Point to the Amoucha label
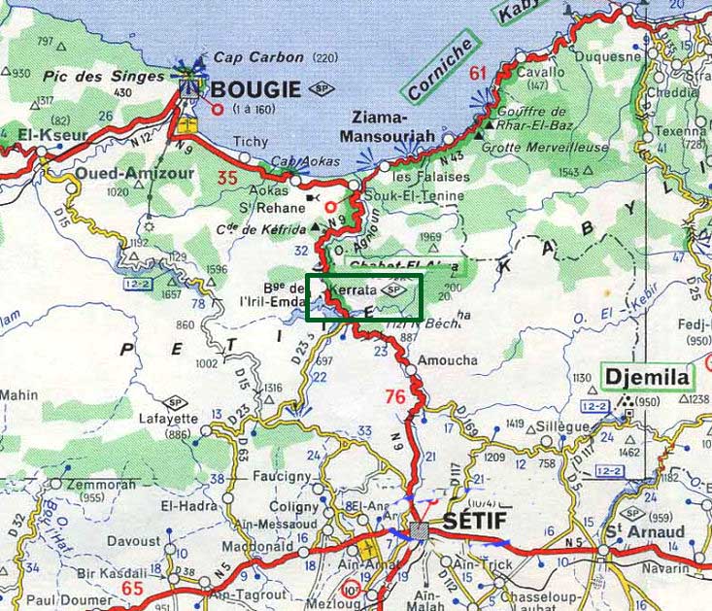(447, 360)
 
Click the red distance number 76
(394, 396)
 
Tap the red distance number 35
(227, 178)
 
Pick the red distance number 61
(477, 73)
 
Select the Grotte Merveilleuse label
(547, 148)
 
